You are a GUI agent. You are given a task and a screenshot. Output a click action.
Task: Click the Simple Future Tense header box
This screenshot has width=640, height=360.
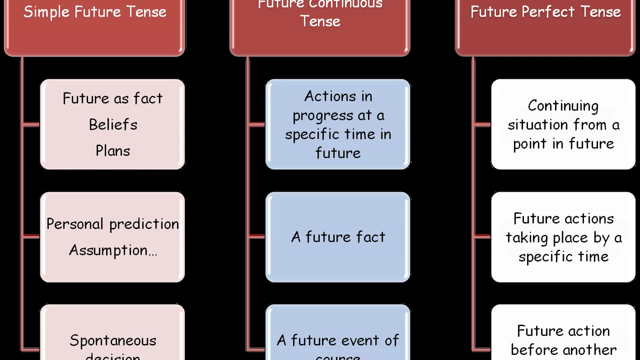pyautogui.click(x=94, y=25)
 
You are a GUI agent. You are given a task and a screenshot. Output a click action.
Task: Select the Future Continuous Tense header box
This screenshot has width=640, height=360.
pyautogui.click(x=320, y=25)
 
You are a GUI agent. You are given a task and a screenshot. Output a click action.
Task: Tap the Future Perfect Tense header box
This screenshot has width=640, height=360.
pyautogui.click(x=545, y=25)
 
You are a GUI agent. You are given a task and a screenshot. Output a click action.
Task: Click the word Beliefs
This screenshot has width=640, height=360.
pyautogui.click(x=113, y=124)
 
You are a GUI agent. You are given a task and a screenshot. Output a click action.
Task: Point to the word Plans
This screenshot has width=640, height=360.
pyautogui.click(x=113, y=150)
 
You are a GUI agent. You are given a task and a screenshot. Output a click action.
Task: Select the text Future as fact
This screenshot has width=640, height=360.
pyautogui.click(x=113, y=98)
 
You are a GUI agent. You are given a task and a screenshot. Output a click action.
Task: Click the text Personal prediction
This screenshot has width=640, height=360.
pyautogui.click(x=113, y=223)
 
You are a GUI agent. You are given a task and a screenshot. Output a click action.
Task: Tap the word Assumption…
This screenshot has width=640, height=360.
pyautogui.click(x=113, y=250)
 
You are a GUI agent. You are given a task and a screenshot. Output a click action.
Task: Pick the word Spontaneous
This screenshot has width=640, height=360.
pyautogui.click(x=113, y=340)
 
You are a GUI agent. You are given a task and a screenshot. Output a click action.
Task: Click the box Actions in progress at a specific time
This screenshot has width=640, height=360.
pyautogui.click(x=338, y=124)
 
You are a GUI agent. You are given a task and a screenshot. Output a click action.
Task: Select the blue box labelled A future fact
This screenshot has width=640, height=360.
pyautogui.click(x=338, y=237)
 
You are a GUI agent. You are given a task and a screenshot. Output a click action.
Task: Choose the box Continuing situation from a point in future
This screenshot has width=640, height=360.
pyautogui.click(x=563, y=124)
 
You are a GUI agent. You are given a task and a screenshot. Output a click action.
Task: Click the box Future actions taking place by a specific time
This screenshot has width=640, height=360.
pyautogui.click(x=563, y=237)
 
